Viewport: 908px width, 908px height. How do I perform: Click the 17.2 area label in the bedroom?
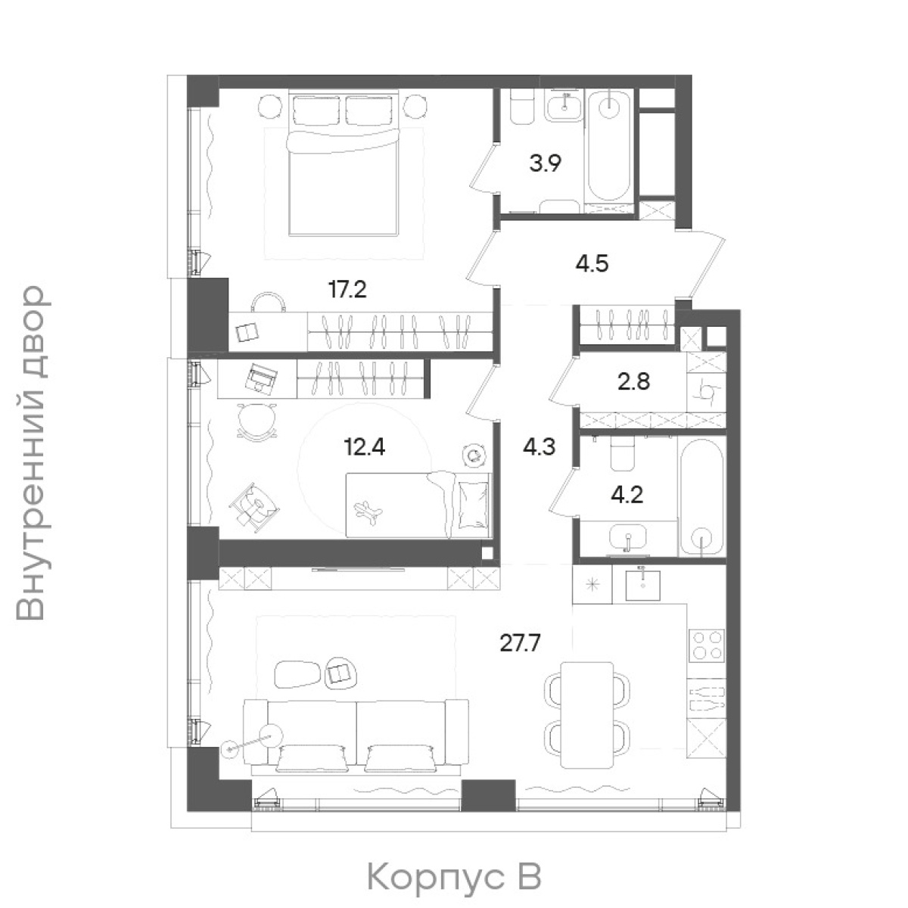(x=347, y=290)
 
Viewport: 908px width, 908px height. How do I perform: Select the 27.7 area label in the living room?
(x=520, y=642)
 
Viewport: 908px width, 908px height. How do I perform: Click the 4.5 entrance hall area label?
(x=592, y=264)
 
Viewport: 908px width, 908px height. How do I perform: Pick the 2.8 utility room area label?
(x=634, y=381)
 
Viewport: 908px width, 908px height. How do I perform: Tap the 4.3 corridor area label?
(x=539, y=446)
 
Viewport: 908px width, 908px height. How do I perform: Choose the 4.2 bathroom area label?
(x=627, y=495)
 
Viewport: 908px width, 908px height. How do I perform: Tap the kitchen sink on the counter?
(x=642, y=585)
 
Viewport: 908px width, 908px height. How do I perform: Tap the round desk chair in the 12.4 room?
(x=257, y=420)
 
